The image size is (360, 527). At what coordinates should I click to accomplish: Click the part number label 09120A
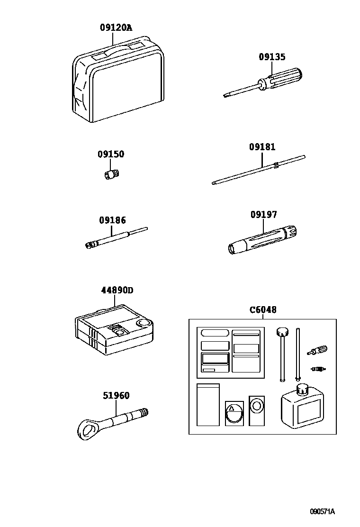(116, 28)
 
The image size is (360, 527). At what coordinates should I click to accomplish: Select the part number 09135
(272, 57)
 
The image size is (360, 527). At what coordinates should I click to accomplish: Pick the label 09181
(262, 147)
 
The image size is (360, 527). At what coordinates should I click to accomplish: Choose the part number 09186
(112, 220)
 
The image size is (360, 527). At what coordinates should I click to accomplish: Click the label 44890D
(117, 291)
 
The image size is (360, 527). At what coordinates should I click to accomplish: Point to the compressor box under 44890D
(114, 329)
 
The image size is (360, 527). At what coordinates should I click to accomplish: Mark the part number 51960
(116, 396)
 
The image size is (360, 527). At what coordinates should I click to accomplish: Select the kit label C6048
(263, 310)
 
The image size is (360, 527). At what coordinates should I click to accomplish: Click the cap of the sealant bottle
(302, 389)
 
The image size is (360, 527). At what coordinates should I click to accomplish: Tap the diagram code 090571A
(322, 511)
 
